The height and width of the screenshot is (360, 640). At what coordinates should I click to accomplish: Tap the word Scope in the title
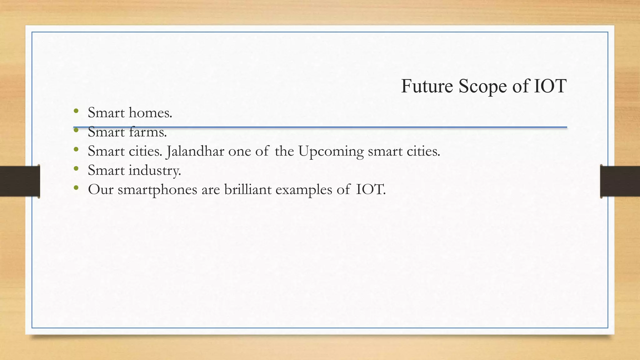(x=482, y=87)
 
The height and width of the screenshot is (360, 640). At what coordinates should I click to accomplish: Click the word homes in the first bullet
(x=150, y=112)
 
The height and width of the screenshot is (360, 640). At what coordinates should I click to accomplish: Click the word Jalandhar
(x=195, y=152)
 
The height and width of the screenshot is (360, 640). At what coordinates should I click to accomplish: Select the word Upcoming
(x=331, y=152)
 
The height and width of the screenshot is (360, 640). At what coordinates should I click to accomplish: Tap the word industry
(x=155, y=171)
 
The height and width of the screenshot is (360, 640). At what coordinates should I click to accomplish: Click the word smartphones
(x=157, y=190)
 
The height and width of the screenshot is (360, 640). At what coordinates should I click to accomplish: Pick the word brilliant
(x=248, y=189)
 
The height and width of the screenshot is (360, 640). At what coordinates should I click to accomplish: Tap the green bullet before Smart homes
(x=76, y=111)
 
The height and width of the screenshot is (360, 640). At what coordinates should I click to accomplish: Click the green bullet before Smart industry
(x=76, y=169)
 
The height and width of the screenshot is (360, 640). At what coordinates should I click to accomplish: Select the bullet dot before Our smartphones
(x=76, y=188)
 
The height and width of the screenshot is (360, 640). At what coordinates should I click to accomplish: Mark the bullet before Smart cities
(x=76, y=149)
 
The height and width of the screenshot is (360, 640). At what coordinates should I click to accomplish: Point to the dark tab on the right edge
(x=620, y=181)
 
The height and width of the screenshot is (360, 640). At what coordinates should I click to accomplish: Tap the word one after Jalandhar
(x=240, y=152)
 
